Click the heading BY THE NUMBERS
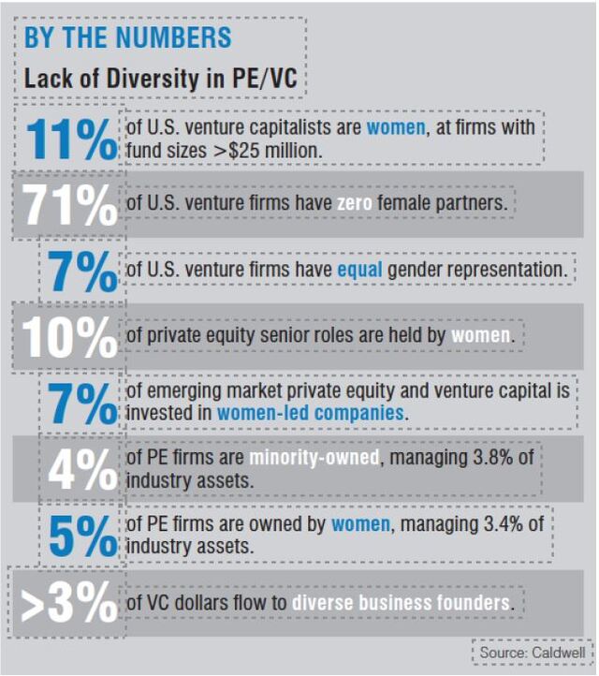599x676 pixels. (x=127, y=38)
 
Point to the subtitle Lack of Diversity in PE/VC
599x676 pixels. (x=160, y=80)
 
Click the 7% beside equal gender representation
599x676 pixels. (x=82, y=272)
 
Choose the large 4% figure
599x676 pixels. (x=82, y=471)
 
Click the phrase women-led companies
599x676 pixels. (x=311, y=413)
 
